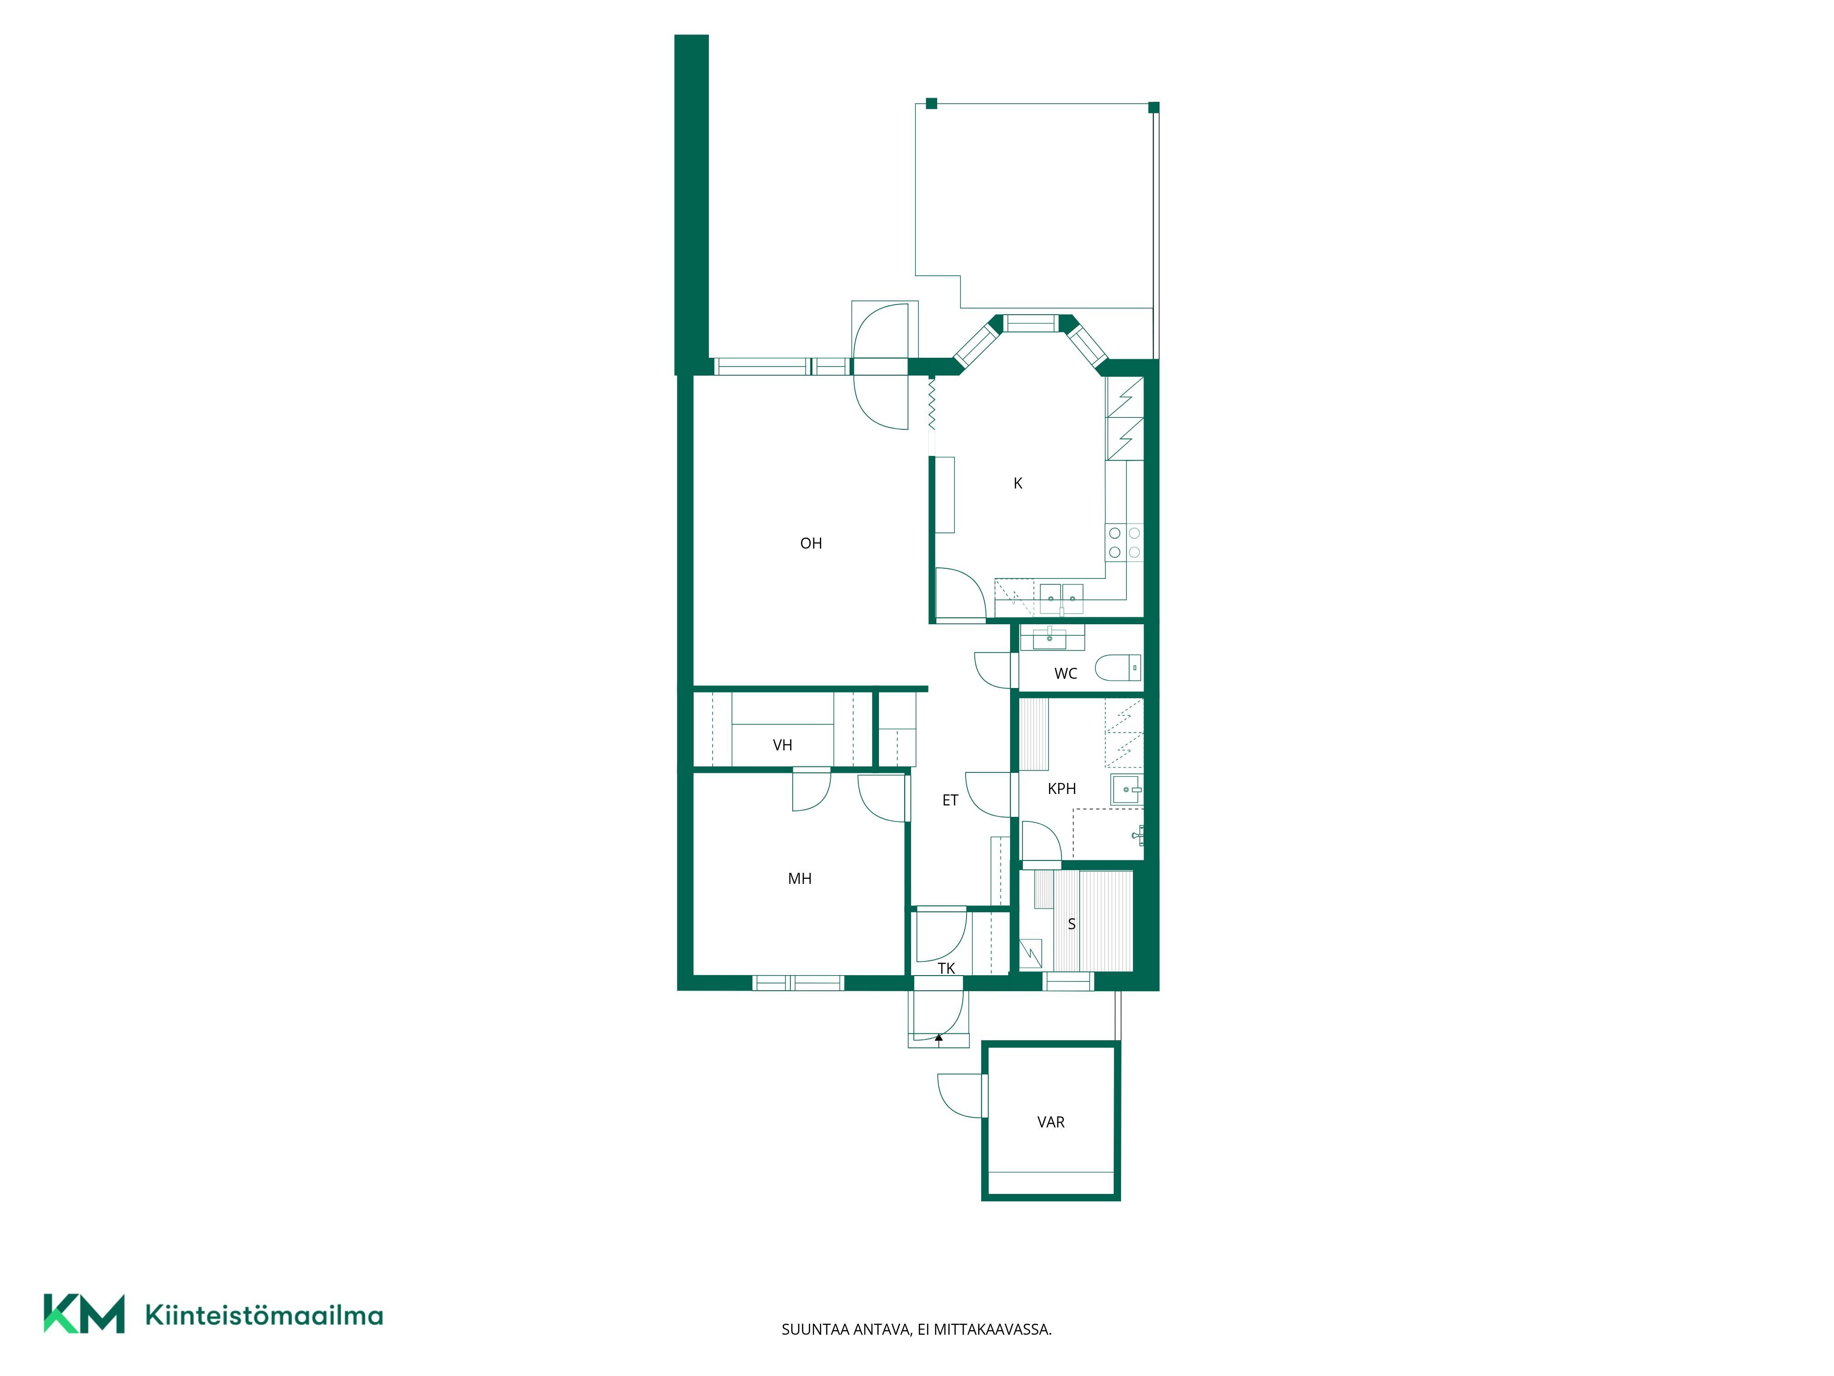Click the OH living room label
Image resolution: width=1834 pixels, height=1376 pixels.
[811, 543]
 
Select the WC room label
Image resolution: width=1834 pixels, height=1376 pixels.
[1066, 673]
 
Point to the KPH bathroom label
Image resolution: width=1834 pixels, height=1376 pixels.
[1062, 789]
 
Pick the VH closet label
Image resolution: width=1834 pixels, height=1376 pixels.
[783, 745]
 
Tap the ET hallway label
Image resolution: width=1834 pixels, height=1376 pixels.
[950, 800]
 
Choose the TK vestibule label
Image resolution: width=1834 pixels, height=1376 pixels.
[946, 968]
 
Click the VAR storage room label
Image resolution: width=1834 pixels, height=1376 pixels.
[1050, 1122]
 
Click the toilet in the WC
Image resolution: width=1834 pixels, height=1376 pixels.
[1118, 668]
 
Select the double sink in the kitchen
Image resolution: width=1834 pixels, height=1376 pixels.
[1062, 595]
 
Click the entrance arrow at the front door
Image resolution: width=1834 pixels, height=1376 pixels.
[939, 1037]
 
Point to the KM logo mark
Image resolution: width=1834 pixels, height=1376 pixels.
[84, 1314]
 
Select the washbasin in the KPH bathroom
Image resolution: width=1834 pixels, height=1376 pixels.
[1127, 790]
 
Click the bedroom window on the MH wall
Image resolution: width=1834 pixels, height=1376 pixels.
[798, 983]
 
